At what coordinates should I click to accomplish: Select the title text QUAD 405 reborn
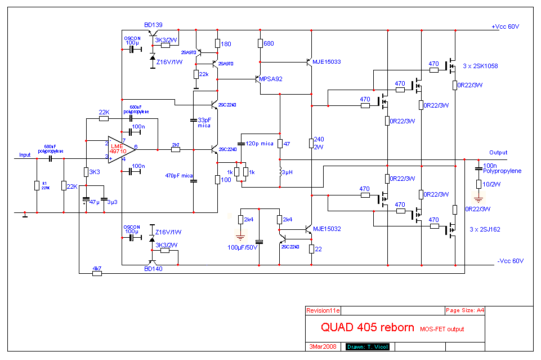tap(368, 327)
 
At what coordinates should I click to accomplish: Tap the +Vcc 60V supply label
tap(504, 27)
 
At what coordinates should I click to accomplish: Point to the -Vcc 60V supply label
tap(511, 261)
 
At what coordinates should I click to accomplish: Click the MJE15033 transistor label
tap(328, 61)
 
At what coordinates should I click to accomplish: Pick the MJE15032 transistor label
tap(328, 229)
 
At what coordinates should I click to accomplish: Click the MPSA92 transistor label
tap(271, 79)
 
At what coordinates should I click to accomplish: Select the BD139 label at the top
tap(154, 25)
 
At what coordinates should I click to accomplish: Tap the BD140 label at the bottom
tap(153, 269)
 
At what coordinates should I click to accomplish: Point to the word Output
tap(498, 153)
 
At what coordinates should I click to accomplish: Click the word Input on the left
tap(25, 154)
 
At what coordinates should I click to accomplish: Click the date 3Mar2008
tap(323, 346)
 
